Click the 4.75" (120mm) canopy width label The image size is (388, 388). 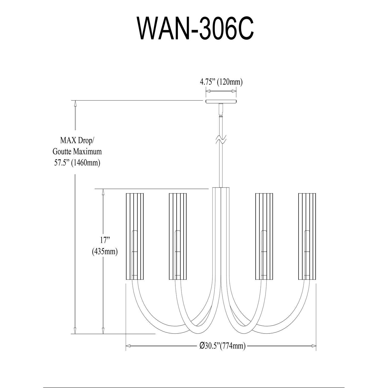coord(221,82)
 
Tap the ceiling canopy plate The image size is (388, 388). coord(221,101)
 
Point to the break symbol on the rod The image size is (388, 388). coord(221,140)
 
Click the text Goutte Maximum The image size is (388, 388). coord(77,151)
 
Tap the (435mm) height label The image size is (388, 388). coord(105,251)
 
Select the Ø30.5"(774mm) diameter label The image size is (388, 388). coord(222,346)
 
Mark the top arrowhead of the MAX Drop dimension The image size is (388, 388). coord(75,103)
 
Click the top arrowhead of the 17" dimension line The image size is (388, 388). coord(103,192)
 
